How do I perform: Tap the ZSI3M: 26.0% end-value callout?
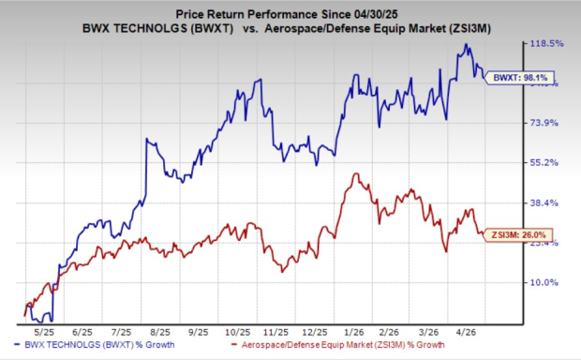point(511,234)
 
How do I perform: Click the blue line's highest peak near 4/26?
point(459,44)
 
